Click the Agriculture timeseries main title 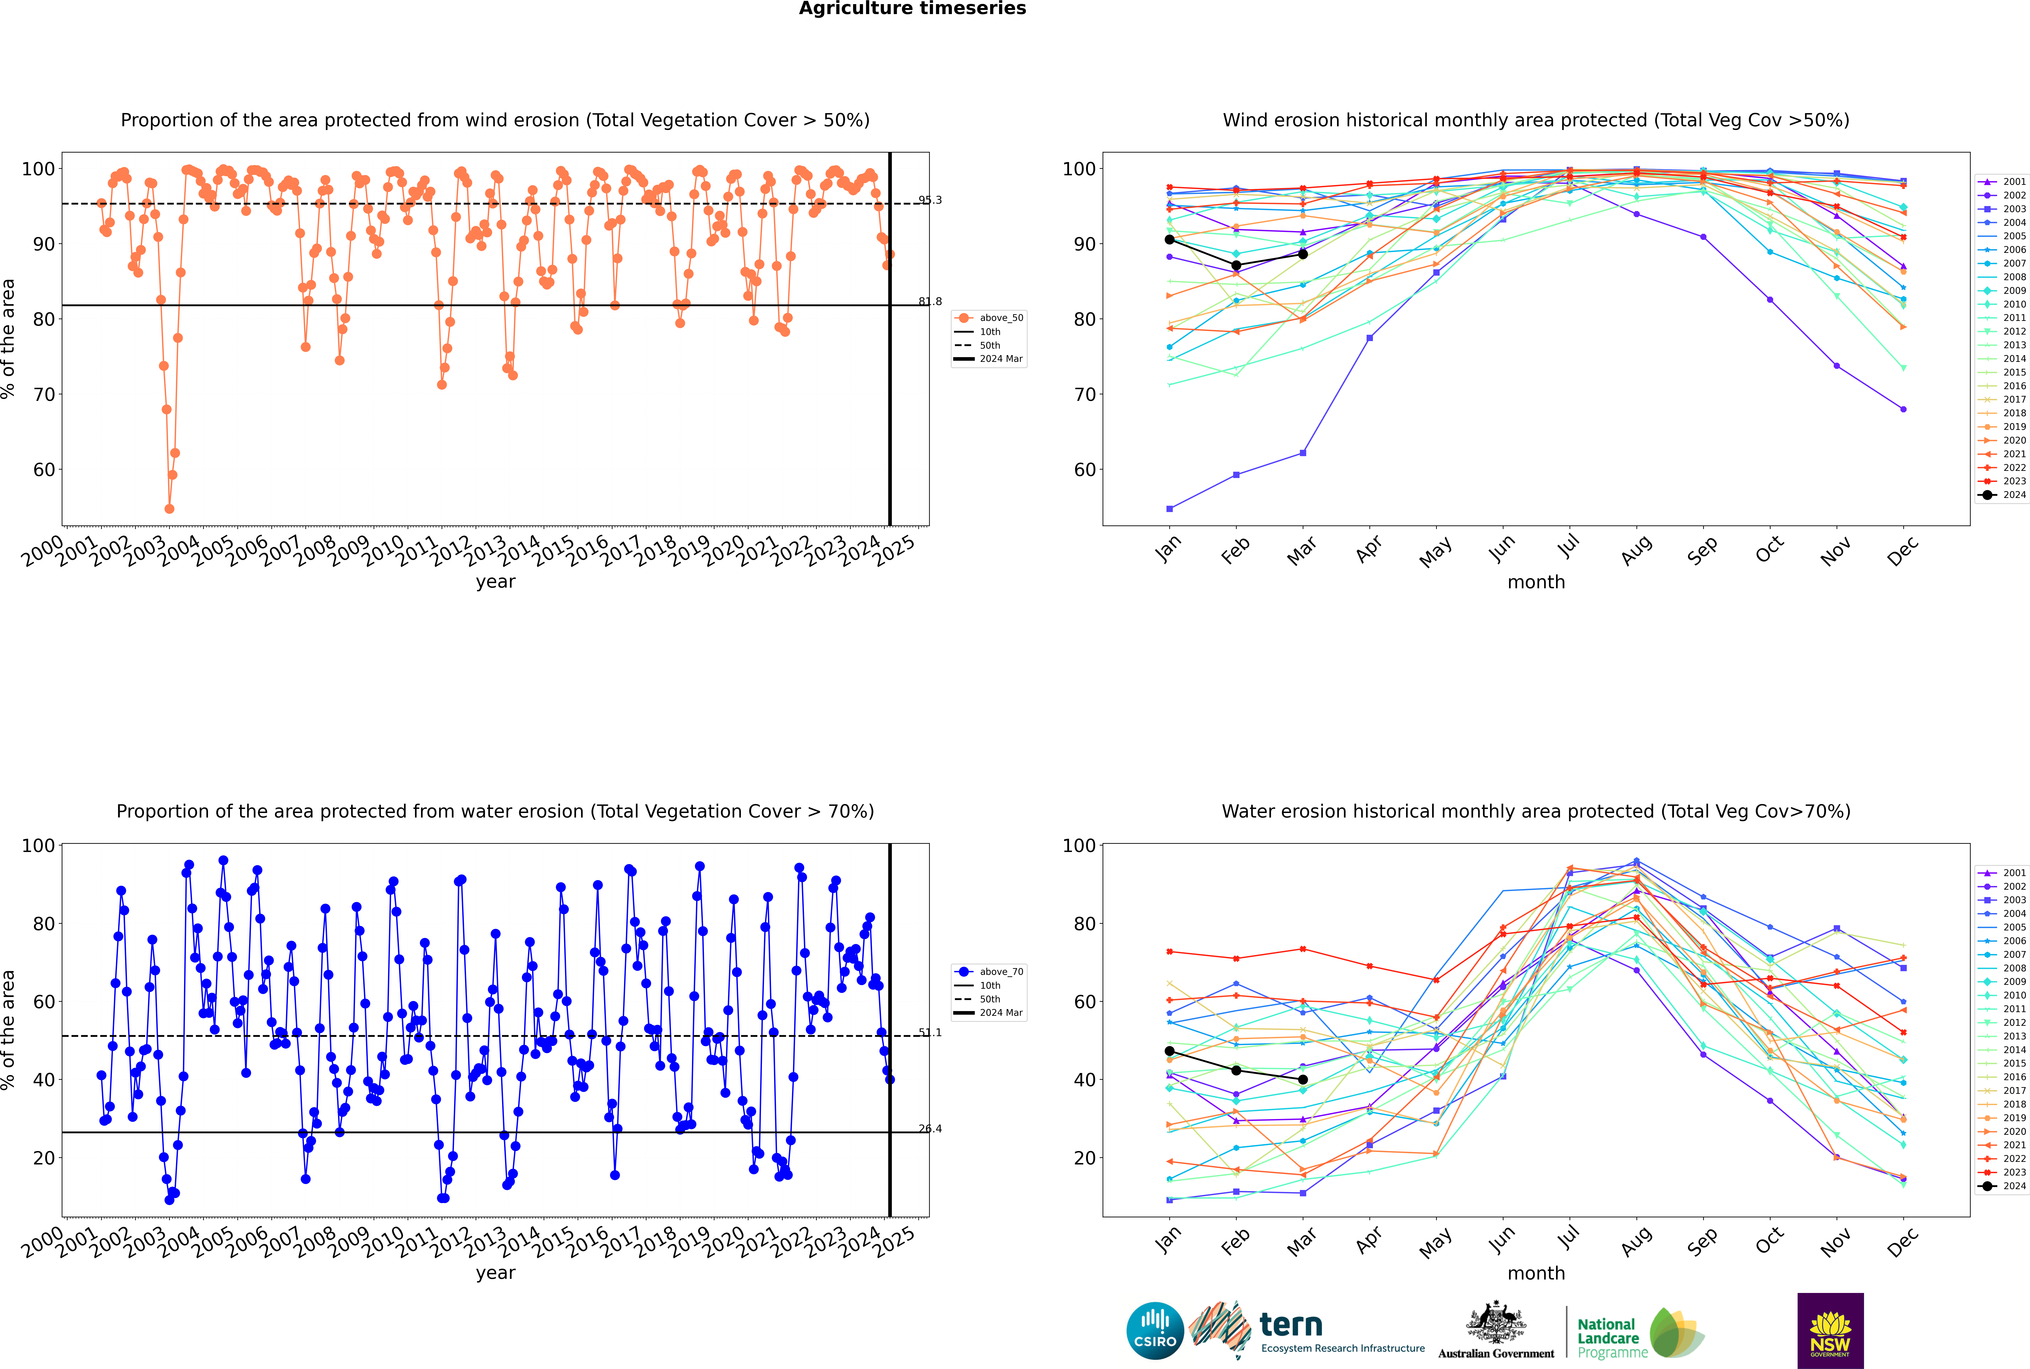(x=912, y=9)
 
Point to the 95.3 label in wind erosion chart (x=930, y=200)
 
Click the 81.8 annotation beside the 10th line (x=930, y=301)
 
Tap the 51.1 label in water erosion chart (x=930, y=1033)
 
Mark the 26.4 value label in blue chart (x=930, y=1129)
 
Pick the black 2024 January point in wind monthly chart (x=1170, y=239)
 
